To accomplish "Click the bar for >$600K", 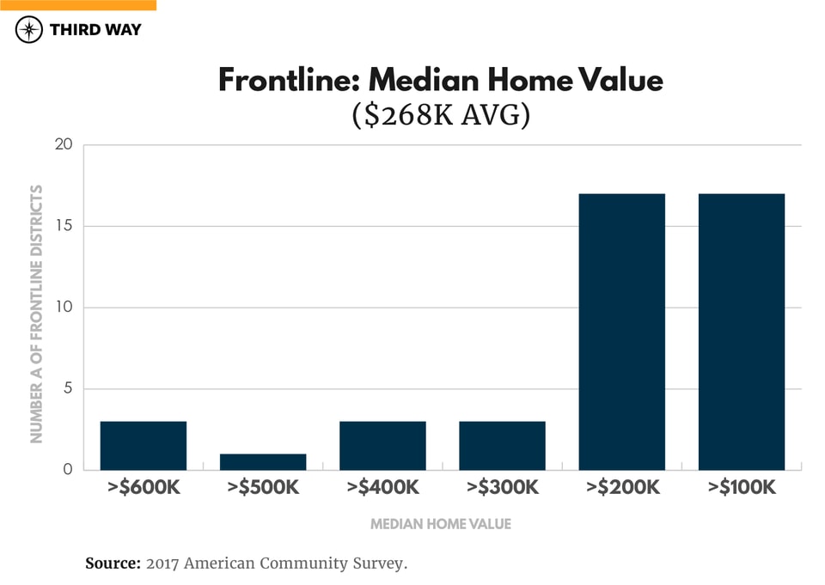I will (144, 446).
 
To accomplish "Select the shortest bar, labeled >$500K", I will (263, 462).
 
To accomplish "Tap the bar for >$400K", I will (382, 446).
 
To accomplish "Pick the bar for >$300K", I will (502, 446).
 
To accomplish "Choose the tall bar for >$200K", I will (622, 332).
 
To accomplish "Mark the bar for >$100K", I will (742, 332).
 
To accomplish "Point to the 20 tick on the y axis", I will (63, 145).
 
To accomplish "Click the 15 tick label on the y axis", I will (63, 227).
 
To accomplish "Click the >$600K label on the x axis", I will (144, 489).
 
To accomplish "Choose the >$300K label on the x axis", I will (502, 489).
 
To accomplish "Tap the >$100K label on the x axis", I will (742, 489).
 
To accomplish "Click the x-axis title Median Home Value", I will (440, 524).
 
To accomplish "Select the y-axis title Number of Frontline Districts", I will (37, 314).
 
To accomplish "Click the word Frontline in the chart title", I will (288, 81).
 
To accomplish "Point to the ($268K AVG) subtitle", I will (440, 114).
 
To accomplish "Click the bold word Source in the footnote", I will (113, 564).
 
